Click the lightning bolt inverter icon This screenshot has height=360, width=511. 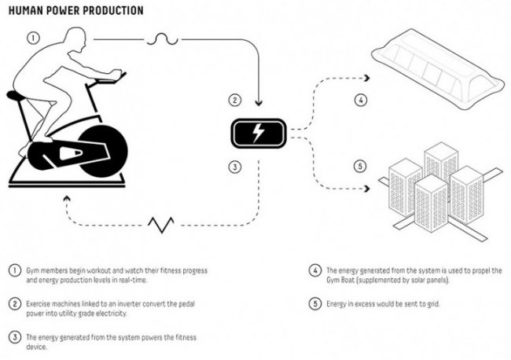(x=257, y=133)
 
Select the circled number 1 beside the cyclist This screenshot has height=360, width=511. (x=33, y=37)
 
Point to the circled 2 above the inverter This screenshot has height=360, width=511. (x=233, y=100)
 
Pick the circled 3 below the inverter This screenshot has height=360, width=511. (x=233, y=166)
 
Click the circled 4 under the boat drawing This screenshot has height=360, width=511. (x=361, y=100)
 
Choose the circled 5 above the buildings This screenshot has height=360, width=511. (x=361, y=166)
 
